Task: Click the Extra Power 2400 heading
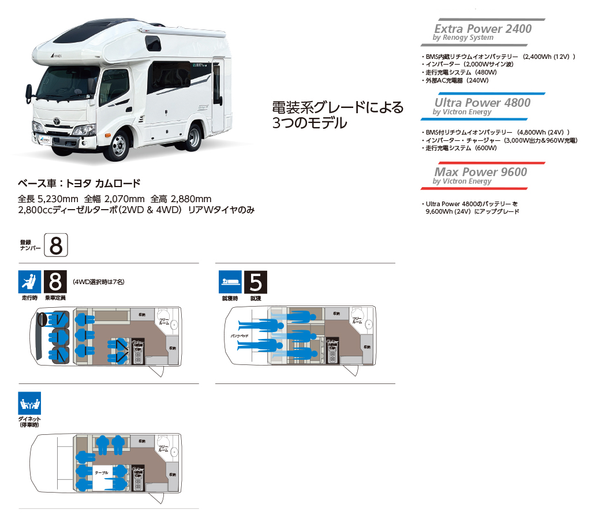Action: (x=483, y=29)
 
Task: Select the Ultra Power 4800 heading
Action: (x=482, y=103)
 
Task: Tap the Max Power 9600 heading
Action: (x=481, y=172)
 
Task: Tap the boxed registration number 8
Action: (x=56, y=245)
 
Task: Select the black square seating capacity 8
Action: (x=55, y=282)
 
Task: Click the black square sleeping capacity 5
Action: (x=256, y=282)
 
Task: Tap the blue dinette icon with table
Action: (x=29, y=404)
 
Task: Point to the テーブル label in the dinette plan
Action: (x=102, y=472)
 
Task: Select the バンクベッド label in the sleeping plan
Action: (x=240, y=336)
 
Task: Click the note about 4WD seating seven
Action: (x=99, y=282)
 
